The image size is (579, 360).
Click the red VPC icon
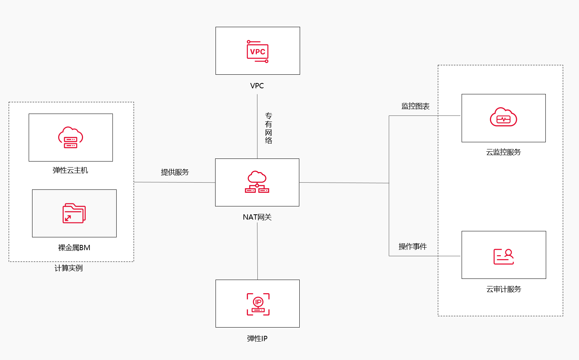[257, 51]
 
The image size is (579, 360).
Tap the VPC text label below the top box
[257, 86]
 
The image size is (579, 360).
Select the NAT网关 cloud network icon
[257, 182]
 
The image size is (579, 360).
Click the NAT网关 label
[257, 217]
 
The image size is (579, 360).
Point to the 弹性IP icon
[258, 304]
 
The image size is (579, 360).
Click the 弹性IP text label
[257, 338]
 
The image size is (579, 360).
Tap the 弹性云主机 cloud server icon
[71, 137]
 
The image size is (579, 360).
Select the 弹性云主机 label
[70, 170]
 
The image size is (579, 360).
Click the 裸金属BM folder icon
[74, 213]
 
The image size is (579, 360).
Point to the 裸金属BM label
[74, 248]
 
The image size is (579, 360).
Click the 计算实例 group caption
[68, 268]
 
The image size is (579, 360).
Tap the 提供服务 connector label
[175, 172]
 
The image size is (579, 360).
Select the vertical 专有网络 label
[268, 128]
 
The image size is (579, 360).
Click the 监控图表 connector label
[415, 106]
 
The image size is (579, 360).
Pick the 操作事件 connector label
[413, 246]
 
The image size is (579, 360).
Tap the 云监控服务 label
[503, 152]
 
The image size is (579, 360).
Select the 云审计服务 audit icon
[504, 257]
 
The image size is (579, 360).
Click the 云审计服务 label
[504, 289]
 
